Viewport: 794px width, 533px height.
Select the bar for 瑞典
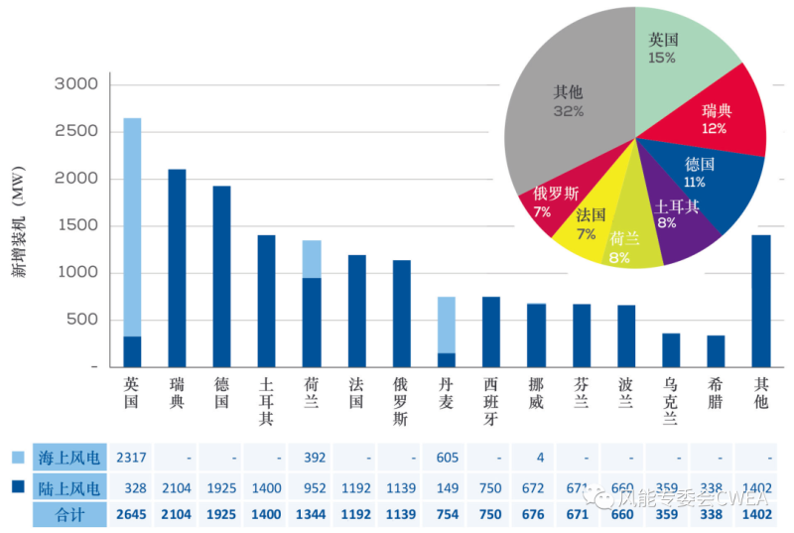click(x=177, y=268)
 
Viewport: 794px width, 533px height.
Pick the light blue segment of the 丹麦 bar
click(x=447, y=325)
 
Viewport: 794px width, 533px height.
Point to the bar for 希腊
click(x=716, y=351)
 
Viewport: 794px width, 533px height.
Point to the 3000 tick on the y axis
click(x=73, y=85)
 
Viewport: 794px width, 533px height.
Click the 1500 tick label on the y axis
click(x=73, y=226)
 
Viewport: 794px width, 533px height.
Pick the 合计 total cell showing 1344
click(x=311, y=515)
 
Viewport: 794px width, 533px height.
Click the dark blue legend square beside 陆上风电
click(x=19, y=487)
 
